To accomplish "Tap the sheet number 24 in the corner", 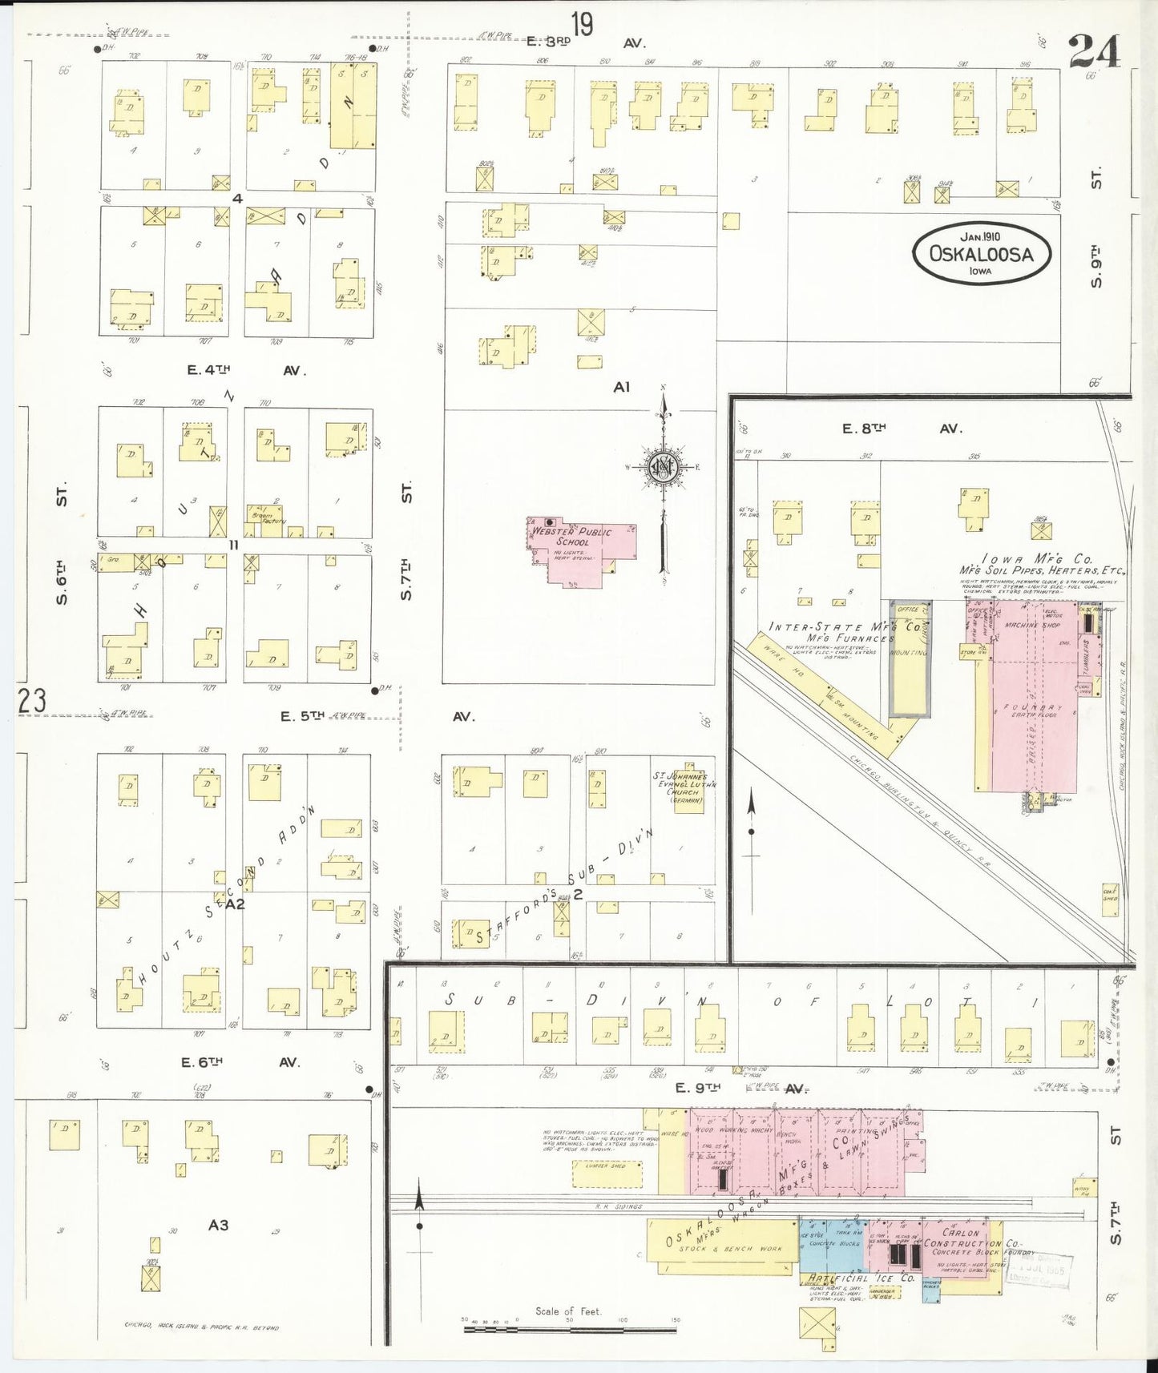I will pos(1094,53).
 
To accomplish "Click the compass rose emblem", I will pos(664,467).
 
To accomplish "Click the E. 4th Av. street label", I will pos(245,370).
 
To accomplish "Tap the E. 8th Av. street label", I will pos(901,429).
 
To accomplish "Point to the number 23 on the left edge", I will pos(32,702).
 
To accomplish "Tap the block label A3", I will pos(218,1224).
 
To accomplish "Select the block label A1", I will pos(622,387).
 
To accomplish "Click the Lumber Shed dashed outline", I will pos(607,1174).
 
